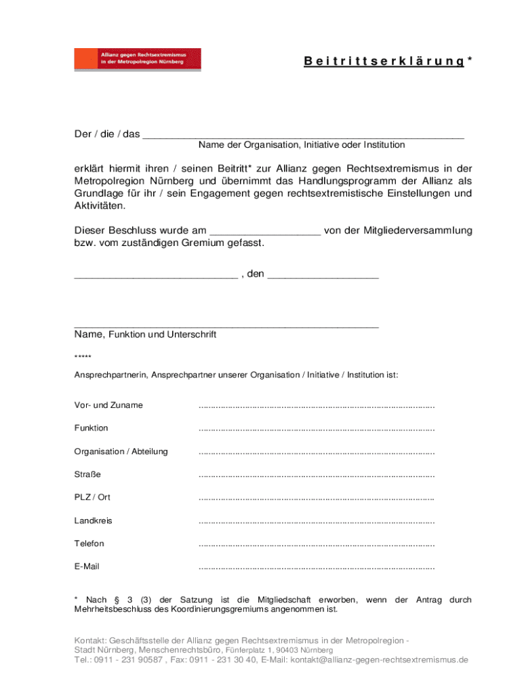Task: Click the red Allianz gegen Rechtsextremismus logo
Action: [138, 59]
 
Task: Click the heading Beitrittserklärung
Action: [384, 62]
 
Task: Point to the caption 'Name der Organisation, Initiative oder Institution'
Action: [302, 145]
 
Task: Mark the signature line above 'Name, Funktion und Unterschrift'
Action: [226, 326]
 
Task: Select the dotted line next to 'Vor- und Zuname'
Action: [316, 407]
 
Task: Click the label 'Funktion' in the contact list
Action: [91, 428]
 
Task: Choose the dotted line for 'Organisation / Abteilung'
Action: [316, 453]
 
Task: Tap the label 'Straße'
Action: [87, 474]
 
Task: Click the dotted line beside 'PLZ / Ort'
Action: [316, 499]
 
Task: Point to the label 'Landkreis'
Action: [93, 521]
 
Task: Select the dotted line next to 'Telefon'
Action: [316, 545]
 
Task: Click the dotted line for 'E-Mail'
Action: [316, 568]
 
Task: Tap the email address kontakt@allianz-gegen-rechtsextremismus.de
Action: [379, 660]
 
